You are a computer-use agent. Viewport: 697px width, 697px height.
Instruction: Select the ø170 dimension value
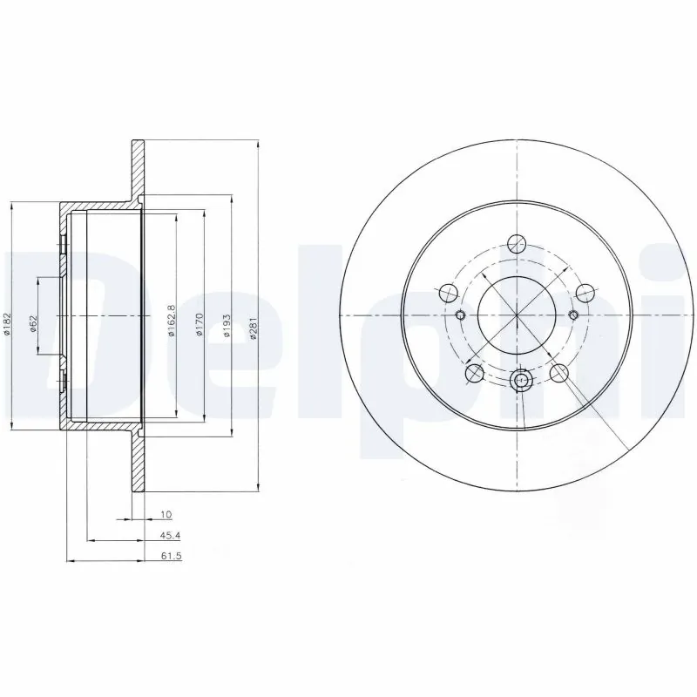(199, 326)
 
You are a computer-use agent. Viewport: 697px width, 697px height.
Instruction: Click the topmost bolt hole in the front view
(520, 244)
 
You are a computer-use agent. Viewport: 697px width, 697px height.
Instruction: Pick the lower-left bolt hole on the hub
(475, 373)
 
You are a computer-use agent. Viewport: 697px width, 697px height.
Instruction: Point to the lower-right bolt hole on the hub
(559, 374)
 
